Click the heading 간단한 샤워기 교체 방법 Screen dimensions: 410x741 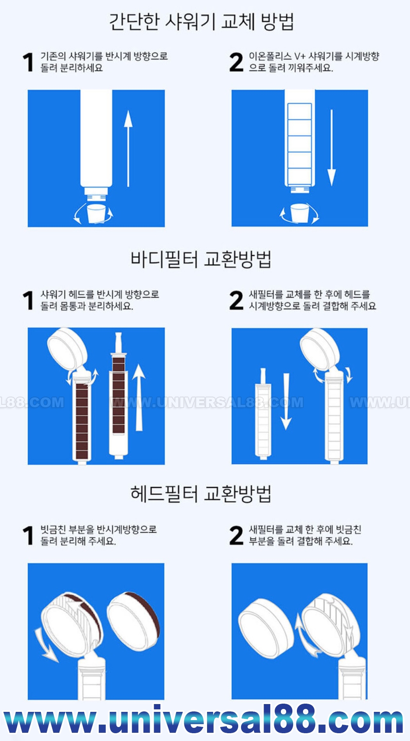pos(201,22)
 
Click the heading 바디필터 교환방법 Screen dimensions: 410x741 pos(201,259)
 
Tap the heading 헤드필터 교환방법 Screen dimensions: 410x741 pos(201,494)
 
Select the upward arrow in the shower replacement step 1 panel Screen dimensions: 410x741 pos(128,148)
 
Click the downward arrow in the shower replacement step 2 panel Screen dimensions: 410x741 pos(331,148)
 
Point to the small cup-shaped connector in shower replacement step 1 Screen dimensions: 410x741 pos(97,213)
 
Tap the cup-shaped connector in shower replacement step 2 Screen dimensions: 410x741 pos(300,213)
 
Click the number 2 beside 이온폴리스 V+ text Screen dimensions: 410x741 pos(237,62)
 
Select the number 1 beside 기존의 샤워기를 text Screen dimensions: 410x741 pos(28,62)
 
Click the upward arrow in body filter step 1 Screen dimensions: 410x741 pos(139,397)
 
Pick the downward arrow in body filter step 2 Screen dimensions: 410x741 pos(286,401)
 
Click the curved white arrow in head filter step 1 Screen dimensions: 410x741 pos(45,645)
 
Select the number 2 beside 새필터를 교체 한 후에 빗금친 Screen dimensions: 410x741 pos(237,535)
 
